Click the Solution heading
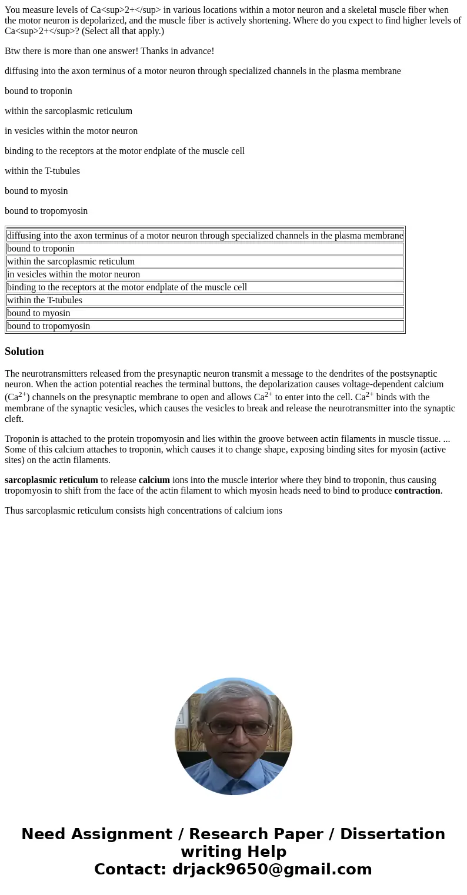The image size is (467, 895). pos(24,351)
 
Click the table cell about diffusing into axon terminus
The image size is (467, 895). pos(205,236)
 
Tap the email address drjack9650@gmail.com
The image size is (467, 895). pos(272,869)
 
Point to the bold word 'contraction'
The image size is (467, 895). pos(417,491)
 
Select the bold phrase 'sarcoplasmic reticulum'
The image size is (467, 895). pos(51,480)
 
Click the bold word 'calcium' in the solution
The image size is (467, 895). pos(154,480)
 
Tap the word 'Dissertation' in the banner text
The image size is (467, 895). pos(392,834)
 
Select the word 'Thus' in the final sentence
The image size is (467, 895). pos(14,511)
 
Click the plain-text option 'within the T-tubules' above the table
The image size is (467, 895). pos(42,171)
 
